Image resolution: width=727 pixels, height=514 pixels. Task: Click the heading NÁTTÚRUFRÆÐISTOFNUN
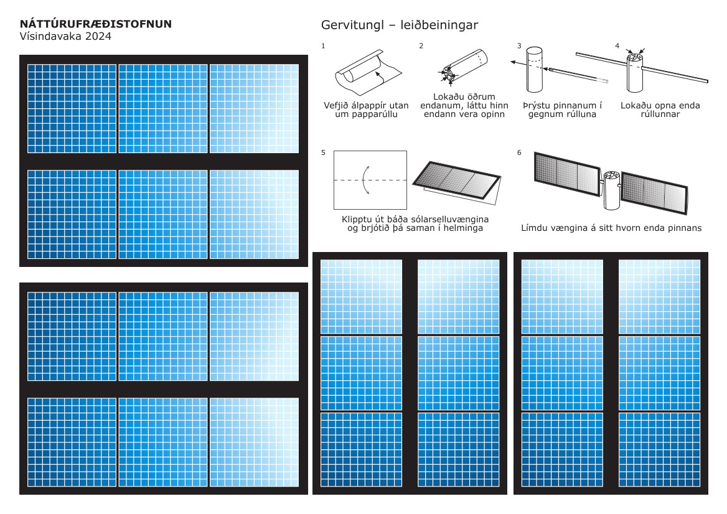click(96, 24)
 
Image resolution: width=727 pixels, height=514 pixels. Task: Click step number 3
click(519, 46)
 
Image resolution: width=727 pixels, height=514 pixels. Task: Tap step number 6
click(519, 152)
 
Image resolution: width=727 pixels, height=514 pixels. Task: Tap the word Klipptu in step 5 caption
click(359, 220)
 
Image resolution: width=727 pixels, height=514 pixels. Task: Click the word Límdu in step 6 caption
click(537, 228)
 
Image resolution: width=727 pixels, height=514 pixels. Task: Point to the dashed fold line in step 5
click(370, 180)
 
